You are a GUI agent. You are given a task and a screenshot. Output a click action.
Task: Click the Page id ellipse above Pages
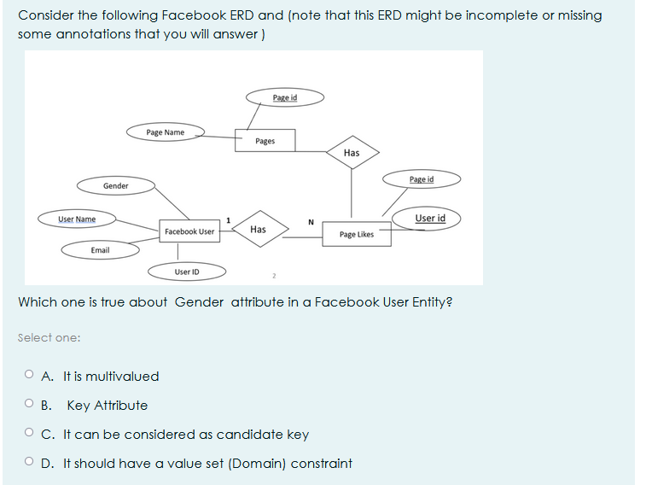click(285, 97)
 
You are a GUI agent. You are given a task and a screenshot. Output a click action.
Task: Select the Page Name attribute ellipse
click(166, 132)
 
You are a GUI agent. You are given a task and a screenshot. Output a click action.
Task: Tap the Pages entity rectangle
click(265, 141)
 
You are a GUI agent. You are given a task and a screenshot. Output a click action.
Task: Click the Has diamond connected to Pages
click(352, 153)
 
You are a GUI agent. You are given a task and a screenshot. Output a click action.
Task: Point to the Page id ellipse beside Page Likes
click(422, 179)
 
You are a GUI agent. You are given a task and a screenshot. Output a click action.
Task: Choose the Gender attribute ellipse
click(116, 185)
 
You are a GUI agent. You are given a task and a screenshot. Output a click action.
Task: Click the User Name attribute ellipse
click(77, 219)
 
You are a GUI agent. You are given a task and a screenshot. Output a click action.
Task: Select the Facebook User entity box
click(189, 231)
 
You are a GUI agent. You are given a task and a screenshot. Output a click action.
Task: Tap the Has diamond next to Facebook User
click(258, 229)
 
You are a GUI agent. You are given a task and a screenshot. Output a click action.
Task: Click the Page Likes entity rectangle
click(356, 234)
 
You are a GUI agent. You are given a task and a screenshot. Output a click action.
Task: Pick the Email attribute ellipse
click(100, 250)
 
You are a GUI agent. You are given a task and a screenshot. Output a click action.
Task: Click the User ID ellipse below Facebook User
click(187, 272)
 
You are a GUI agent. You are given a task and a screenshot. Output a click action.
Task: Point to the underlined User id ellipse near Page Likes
click(430, 219)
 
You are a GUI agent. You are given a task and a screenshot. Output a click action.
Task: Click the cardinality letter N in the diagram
click(311, 223)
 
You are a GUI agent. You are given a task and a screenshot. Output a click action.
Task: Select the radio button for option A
click(29, 376)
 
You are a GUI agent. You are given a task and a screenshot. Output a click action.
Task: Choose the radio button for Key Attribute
click(29, 405)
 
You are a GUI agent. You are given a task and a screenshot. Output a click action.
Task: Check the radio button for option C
click(29, 434)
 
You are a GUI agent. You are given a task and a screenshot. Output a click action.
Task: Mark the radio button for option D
click(29, 463)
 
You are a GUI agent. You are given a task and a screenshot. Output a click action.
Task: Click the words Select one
click(49, 337)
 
